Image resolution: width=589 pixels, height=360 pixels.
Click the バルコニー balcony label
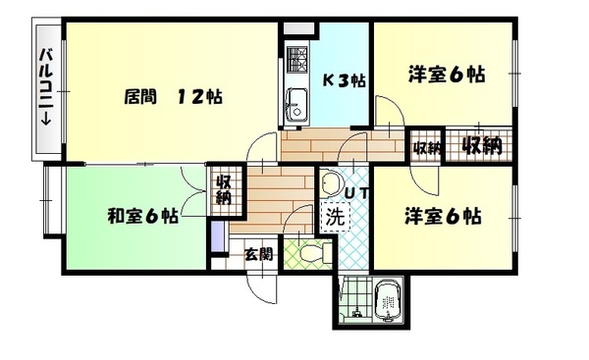pyautogui.click(x=45, y=87)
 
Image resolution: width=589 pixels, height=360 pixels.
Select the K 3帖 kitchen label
pyautogui.click(x=345, y=81)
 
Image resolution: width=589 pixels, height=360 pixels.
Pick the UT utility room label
pyautogui.click(x=356, y=192)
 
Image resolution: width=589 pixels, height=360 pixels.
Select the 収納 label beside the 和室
pyautogui.click(x=223, y=188)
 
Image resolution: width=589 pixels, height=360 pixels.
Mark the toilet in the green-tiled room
pyautogui.click(x=310, y=253)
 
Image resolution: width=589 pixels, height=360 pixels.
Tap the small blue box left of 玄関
pyautogui.click(x=218, y=236)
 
